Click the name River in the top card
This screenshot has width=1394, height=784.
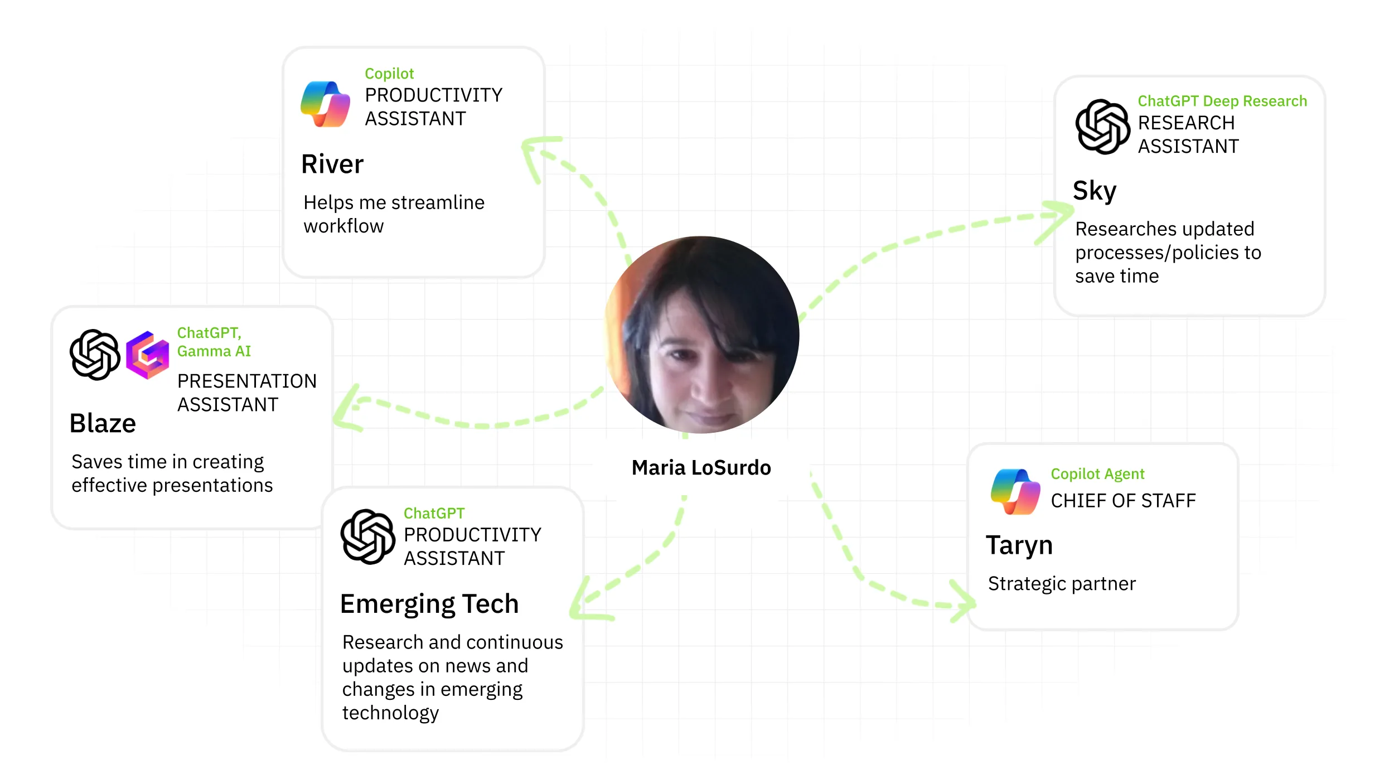pyautogui.click(x=332, y=164)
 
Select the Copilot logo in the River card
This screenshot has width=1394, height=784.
pyautogui.click(x=326, y=104)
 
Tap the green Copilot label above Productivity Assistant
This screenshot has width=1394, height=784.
pyautogui.click(x=389, y=74)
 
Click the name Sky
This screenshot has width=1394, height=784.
pyautogui.click(x=1095, y=191)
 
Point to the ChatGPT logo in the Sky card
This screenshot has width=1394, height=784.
pyautogui.click(x=1102, y=127)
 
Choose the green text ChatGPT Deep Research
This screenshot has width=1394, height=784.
pyautogui.click(x=1222, y=101)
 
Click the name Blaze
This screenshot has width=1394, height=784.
pyautogui.click(x=103, y=423)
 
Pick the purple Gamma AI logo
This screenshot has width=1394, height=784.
pyautogui.click(x=147, y=355)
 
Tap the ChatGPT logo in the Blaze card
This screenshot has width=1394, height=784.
pyautogui.click(x=95, y=355)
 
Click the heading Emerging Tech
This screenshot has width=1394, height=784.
pyautogui.click(x=429, y=604)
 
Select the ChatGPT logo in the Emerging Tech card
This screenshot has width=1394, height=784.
pyautogui.click(x=368, y=536)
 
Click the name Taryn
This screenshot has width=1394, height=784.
pyautogui.click(x=1019, y=545)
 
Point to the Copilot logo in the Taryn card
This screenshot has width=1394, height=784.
pyautogui.click(x=1015, y=492)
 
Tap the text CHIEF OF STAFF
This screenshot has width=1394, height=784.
pyautogui.click(x=1123, y=501)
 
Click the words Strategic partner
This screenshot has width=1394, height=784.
pyautogui.click(x=1062, y=584)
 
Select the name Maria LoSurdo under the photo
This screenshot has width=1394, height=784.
pyautogui.click(x=701, y=468)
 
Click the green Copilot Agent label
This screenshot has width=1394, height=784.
pyautogui.click(x=1097, y=474)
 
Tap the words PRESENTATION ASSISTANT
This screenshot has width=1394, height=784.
pyautogui.click(x=246, y=393)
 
